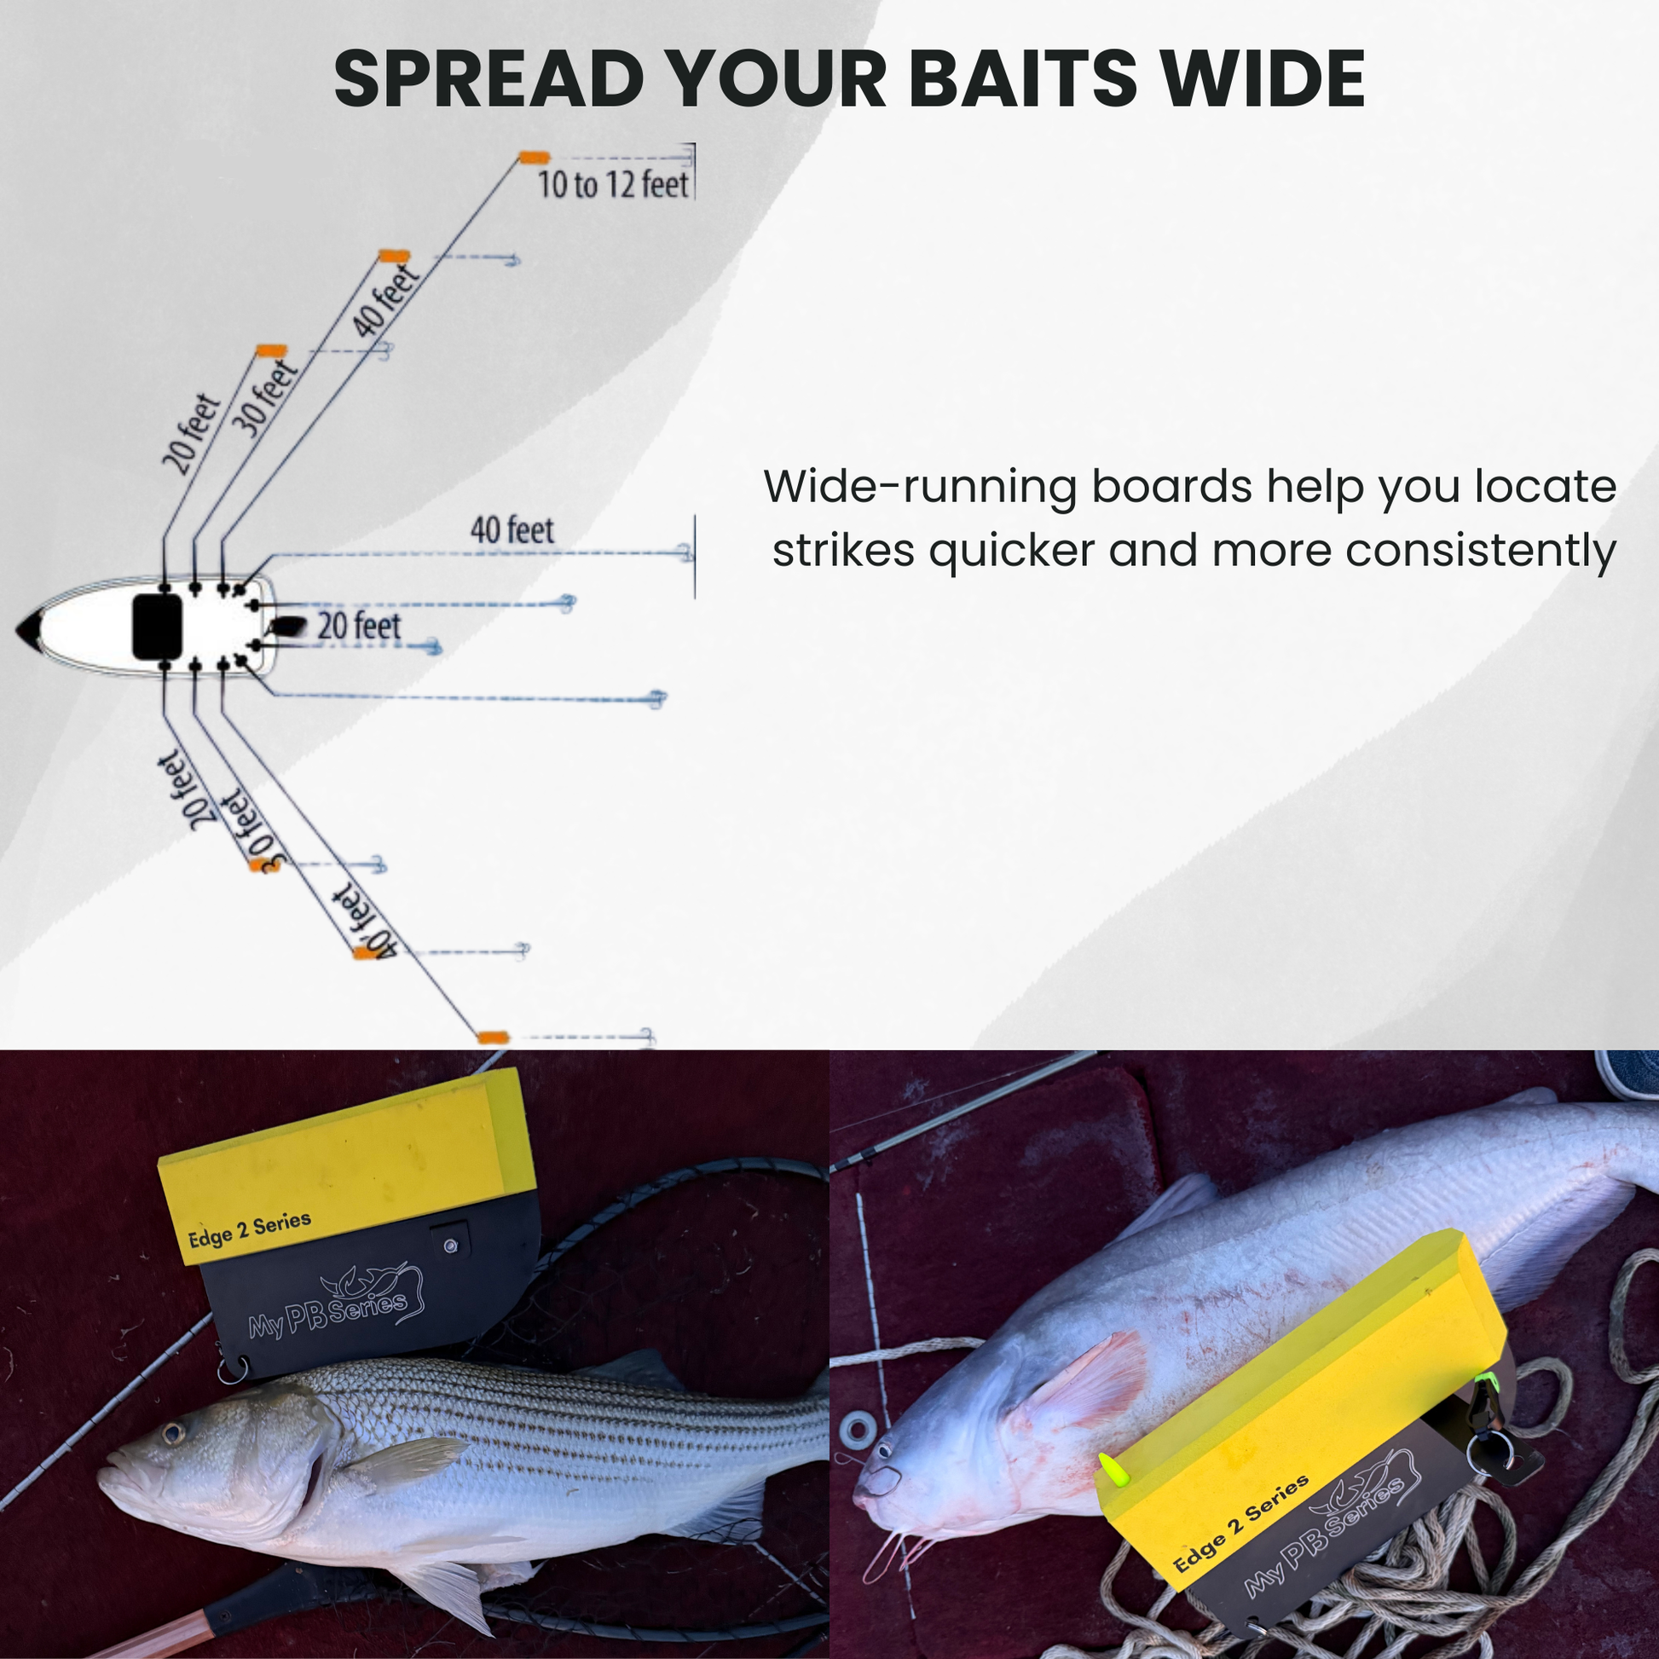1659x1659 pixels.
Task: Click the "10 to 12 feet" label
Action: click(x=612, y=185)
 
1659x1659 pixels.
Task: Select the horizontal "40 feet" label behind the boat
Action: click(x=512, y=529)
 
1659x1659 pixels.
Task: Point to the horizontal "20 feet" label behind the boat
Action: click(x=359, y=626)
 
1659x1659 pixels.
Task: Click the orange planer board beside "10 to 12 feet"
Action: click(x=535, y=157)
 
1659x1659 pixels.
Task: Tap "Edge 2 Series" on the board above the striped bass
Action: click(x=249, y=1230)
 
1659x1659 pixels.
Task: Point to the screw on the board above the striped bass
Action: click(x=450, y=1246)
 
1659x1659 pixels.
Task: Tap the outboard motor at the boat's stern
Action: click(x=287, y=627)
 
